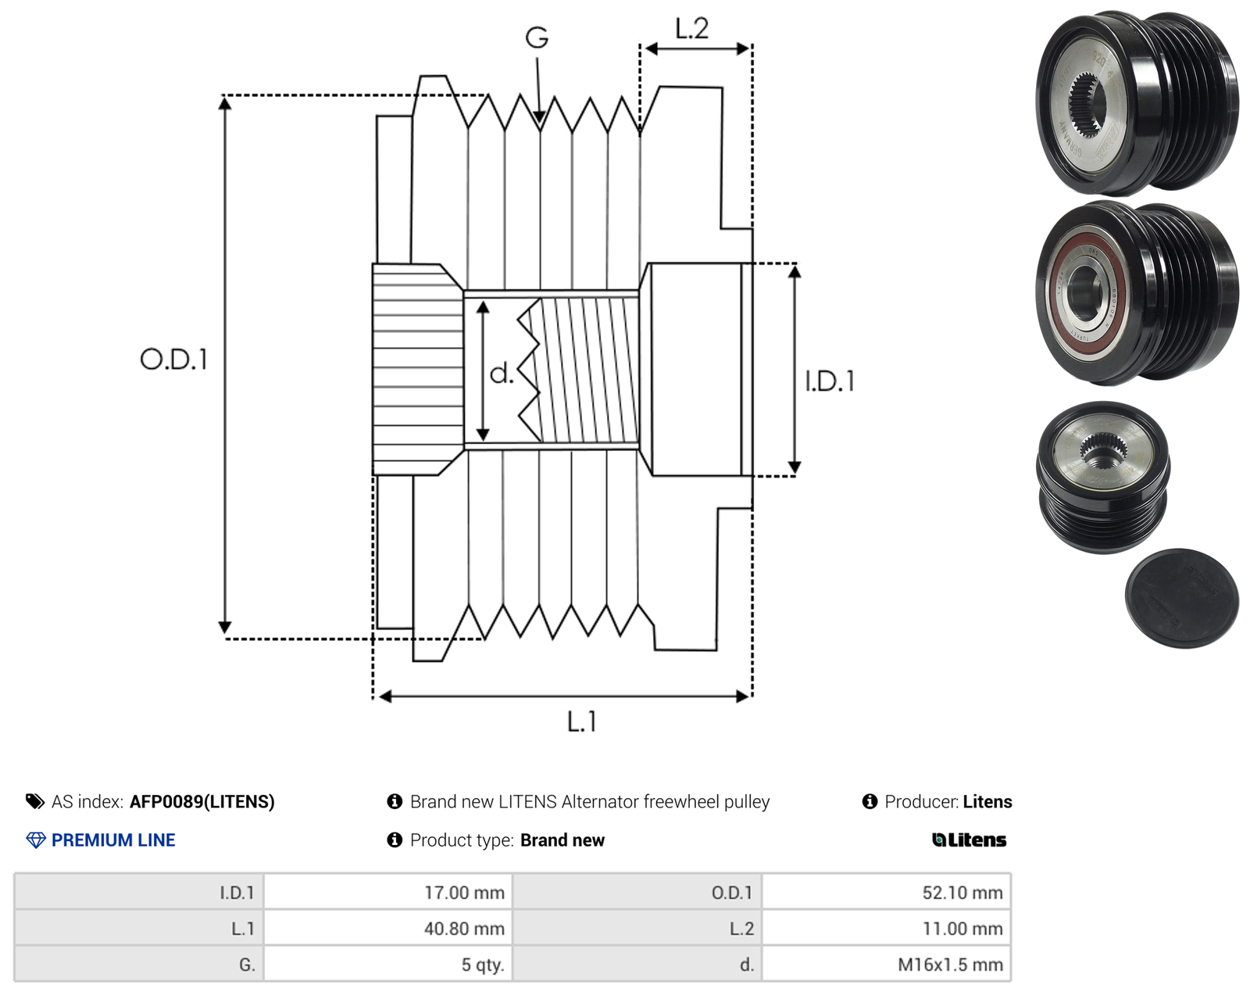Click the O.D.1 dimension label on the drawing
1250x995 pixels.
tap(173, 360)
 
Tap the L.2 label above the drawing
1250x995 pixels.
tap(692, 28)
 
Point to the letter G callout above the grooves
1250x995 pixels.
tap(537, 38)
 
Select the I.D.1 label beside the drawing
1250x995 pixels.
tap(830, 381)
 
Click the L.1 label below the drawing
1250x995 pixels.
tap(582, 721)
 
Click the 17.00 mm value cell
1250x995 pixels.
tap(388, 892)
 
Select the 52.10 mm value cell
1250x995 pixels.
tap(887, 892)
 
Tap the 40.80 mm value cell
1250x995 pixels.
tap(388, 928)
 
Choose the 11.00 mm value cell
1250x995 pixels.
tap(887, 928)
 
